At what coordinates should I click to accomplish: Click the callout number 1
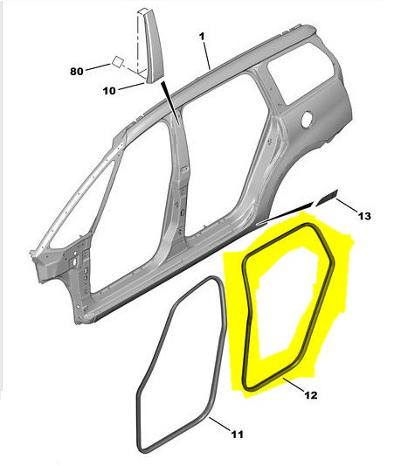point(202,37)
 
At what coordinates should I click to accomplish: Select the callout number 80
point(77,72)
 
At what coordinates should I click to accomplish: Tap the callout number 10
point(109,91)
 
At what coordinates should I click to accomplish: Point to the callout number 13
point(364,216)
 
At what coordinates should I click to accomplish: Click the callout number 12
point(311,395)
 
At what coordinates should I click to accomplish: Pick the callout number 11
point(238,435)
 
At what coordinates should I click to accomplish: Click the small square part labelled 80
point(118,62)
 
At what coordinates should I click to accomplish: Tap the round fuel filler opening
point(307,119)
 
